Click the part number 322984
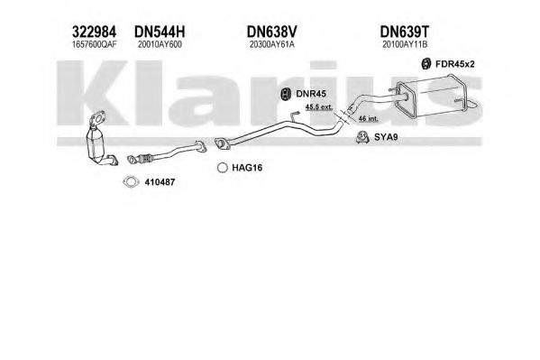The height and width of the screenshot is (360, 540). click(x=94, y=32)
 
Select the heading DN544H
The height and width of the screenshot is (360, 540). click(x=160, y=32)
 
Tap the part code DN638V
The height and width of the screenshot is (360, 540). click(x=271, y=32)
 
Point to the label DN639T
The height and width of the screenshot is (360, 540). click(x=405, y=32)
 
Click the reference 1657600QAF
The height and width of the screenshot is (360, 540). click(x=94, y=44)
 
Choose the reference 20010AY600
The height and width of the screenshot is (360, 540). click(x=160, y=44)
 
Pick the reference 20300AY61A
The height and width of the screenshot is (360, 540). click(x=272, y=44)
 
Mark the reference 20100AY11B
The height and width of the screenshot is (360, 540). click(x=405, y=44)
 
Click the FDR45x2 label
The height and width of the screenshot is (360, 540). click(x=455, y=64)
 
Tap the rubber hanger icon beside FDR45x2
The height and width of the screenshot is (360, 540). click(x=426, y=64)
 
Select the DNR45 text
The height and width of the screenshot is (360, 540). click(x=311, y=94)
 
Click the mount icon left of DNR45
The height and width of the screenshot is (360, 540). click(x=285, y=94)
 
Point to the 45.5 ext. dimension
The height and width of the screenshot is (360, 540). click(x=319, y=107)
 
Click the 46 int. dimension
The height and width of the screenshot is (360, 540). click(x=368, y=118)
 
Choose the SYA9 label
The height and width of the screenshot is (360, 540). click(x=386, y=137)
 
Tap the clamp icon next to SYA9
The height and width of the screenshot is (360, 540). click(x=362, y=137)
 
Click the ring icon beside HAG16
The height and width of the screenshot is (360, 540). click(x=223, y=168)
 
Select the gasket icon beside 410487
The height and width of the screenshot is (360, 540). click(x=131, y=181)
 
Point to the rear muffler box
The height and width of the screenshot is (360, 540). click(x=431, y=97)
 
